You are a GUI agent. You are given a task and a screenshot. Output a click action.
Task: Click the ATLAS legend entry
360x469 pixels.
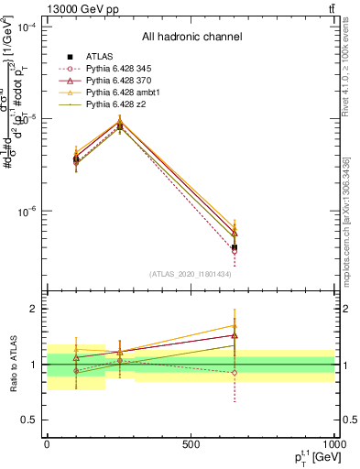(x=99, y=57)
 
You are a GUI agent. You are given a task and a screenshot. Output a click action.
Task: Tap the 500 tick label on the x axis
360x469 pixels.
(x=191, y=443)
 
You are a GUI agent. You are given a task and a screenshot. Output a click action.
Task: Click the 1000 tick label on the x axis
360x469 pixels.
(x=333, y=443)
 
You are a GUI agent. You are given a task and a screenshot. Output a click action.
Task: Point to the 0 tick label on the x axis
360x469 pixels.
(x=47, y=443)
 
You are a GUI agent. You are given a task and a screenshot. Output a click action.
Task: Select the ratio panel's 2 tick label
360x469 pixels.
(x=33, y=309)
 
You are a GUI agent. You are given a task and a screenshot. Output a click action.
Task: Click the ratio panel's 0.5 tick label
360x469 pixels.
(x=29, y=420)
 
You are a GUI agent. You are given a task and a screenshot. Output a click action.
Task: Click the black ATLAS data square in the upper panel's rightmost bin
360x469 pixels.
(x=235, y=247)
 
